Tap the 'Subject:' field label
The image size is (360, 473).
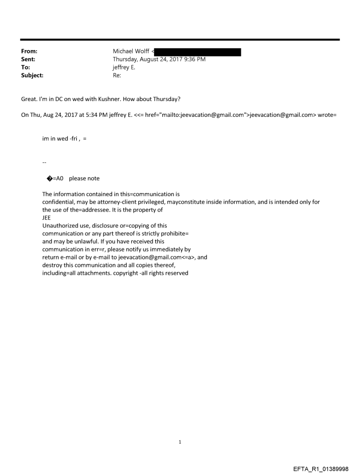click(x=31, y=75)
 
